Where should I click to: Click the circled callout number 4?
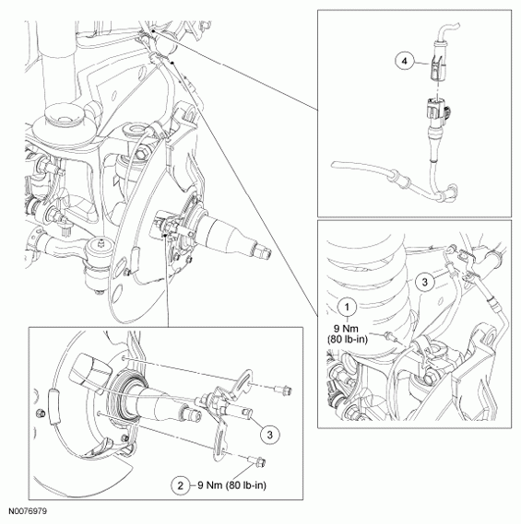click(x=405, y=62)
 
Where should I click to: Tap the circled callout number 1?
click(x=347, y=307)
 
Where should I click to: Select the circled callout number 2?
click(x=181, y=485)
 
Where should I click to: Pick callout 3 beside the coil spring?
click(x=424, y=282)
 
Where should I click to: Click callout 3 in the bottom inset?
click(x=269, y=435)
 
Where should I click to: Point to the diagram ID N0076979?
click(x=28, y=511)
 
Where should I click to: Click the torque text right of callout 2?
click(x=231, y=485)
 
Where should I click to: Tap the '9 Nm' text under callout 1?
click(x=348, y=329)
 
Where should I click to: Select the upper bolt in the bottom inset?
click(x=283, y=389)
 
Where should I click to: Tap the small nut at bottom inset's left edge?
click(x=41, y=413)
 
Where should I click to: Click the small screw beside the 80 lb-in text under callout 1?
click(x=390, y=336)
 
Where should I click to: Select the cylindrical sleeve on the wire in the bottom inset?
click(x=53, y=407)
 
